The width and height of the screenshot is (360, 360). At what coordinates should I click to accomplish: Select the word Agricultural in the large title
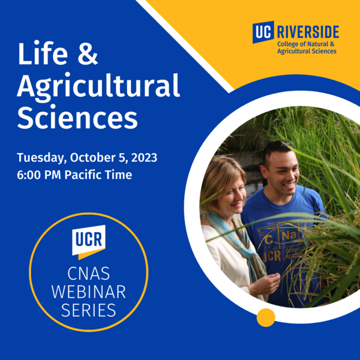coord(98,87)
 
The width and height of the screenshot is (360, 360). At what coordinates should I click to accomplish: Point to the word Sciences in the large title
coord(77,118)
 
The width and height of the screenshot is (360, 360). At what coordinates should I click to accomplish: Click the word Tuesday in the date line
coord(41,158)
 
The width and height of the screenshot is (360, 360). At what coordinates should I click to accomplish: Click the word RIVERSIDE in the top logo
coord(307,31)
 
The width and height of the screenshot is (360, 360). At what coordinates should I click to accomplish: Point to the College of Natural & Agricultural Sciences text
coord(307,47)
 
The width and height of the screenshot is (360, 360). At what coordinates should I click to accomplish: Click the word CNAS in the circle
coord(89,274)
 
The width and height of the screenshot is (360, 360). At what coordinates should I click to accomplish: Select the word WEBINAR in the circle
coord(89,293)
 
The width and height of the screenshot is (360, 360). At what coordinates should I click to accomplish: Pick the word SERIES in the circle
coord(89,311)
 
